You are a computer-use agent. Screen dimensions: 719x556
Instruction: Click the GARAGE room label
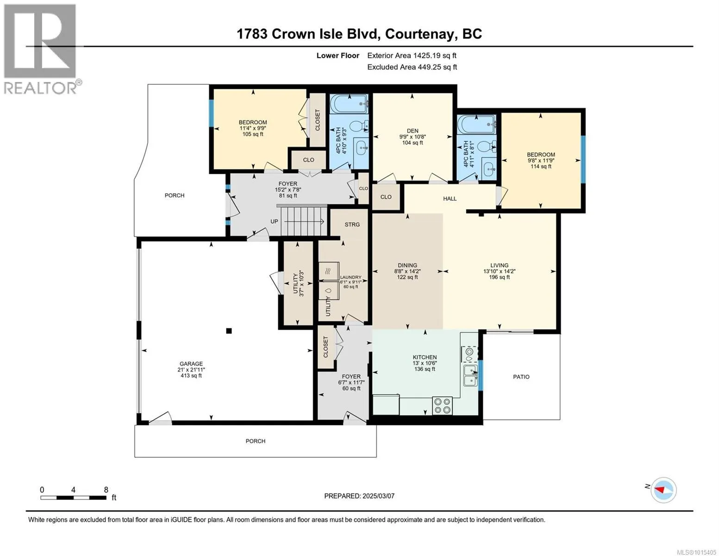[191, 364]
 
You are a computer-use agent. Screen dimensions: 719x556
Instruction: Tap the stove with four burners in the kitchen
[443, 406]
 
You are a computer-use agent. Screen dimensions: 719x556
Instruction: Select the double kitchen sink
[470, 376]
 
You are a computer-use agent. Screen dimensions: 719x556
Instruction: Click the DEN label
[413, 131]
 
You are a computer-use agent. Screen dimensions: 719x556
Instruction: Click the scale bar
[74, 498]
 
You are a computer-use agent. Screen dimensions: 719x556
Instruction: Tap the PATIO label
[521, 377]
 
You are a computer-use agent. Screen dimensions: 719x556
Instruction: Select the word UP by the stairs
[274, 221]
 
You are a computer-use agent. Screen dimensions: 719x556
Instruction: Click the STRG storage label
[352, 225]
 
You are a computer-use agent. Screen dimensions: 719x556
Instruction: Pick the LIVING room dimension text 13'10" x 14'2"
[499, 271]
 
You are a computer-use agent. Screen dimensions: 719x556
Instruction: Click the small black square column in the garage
[229, 331]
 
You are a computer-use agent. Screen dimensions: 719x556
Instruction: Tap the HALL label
[450, 199]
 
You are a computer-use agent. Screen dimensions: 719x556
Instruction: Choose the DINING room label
[407, 265]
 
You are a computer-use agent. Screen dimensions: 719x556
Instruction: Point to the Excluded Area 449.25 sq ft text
[412, 67]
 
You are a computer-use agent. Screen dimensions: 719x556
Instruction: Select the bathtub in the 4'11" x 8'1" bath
[476, 124]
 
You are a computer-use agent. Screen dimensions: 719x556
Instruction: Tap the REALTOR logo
[41, 49]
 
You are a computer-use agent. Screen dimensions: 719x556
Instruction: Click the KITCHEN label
[425, 357]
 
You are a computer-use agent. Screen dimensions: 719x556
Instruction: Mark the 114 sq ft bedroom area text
[541, 166]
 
